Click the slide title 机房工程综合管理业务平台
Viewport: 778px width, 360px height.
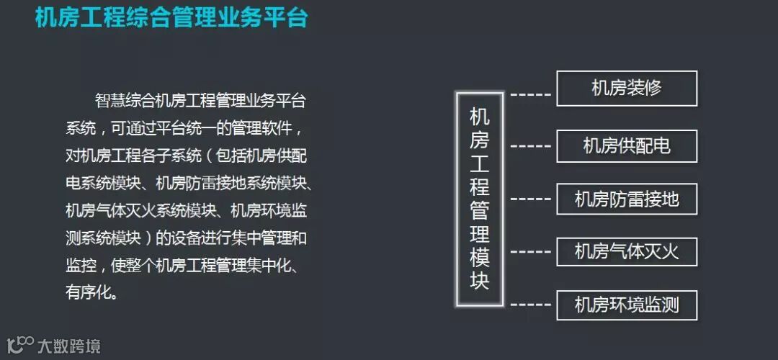tap(171, 17)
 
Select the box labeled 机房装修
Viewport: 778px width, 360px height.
tap(627, 89)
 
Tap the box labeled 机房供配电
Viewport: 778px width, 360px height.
tap(627, 146)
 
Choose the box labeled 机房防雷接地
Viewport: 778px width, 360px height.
tap(627, 199)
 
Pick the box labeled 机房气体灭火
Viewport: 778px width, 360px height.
tap(627, 252)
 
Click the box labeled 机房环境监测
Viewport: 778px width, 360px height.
tap(627, 305)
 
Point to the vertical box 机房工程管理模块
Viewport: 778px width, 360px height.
tap(480, 199)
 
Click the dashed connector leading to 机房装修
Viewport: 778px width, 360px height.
tap(530, 94)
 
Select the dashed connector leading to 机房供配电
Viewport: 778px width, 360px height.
tap(530, 146)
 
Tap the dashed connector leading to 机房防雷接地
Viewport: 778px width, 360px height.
tap(530, 199)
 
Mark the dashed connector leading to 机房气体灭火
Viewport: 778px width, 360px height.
tap(530, 251)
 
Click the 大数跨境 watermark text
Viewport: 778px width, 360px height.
tap(69, 346)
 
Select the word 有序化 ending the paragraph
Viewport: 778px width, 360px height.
tap(92, 292)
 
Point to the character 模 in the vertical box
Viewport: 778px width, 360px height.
tap(480, 257)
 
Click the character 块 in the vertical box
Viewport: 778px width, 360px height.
tap(480, 281)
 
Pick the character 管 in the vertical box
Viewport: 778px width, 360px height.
tap(480, 210)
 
